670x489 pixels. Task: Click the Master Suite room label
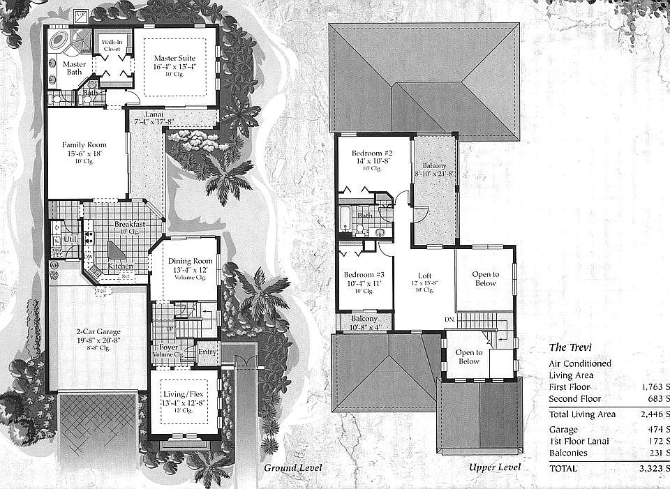click(176, 58)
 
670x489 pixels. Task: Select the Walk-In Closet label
click(112, 45)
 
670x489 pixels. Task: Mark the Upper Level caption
click(494, 467)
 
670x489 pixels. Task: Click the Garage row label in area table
click(563, 429)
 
